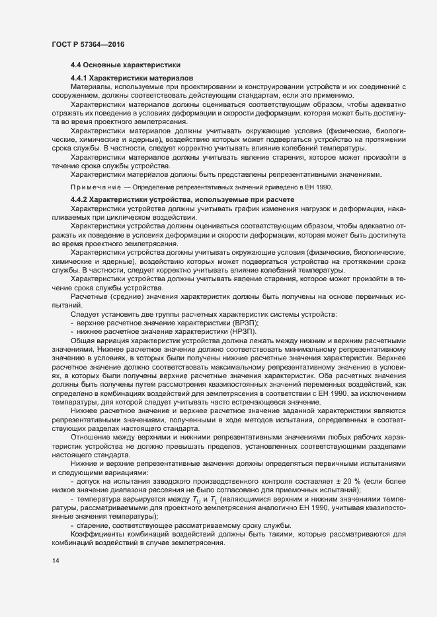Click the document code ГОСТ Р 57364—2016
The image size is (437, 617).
point(88,44)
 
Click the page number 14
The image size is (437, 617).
point(55,561)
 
